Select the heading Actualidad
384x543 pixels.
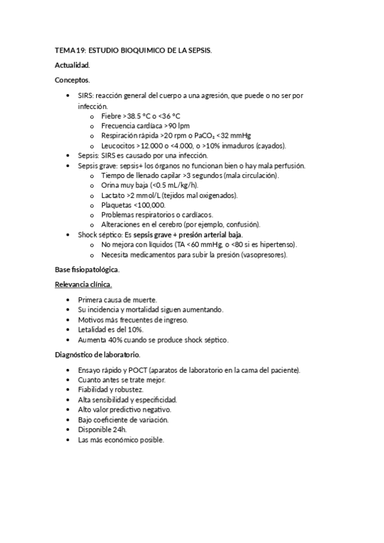tap(72, 65)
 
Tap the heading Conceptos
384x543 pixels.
tap(72, 80)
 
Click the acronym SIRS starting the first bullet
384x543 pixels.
tap(85, 95)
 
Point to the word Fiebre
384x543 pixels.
tap(111, 116)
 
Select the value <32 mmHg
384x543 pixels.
tap(233, 136)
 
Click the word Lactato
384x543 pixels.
tap(114, 195)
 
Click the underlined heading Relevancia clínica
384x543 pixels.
tap(83, 284)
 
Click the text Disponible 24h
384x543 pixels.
tap(102, 430)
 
